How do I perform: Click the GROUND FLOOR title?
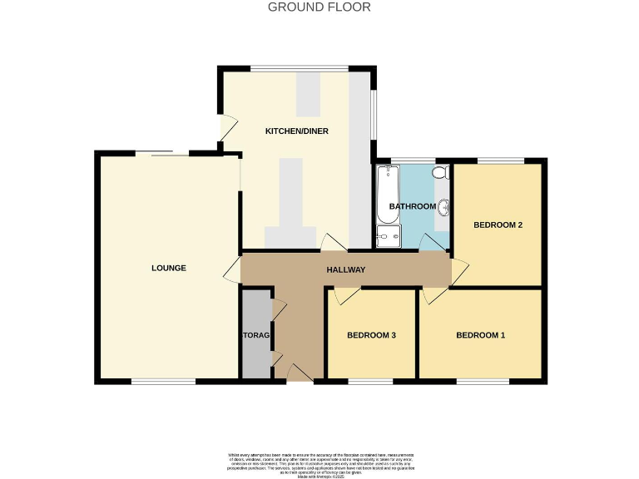point(319,7)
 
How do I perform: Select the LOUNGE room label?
point(169,268)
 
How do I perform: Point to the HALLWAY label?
point(345,269)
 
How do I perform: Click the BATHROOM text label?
point(413,206)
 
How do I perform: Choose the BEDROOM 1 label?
point(480,335)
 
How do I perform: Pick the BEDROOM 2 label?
point(498,225)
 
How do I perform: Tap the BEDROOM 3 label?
point(371,335)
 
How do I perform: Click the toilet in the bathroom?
point(441,172)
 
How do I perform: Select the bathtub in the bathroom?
point(388,193)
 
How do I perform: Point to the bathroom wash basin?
point(444,207)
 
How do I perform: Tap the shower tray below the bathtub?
point(388,236)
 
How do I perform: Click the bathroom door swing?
point(431,242)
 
